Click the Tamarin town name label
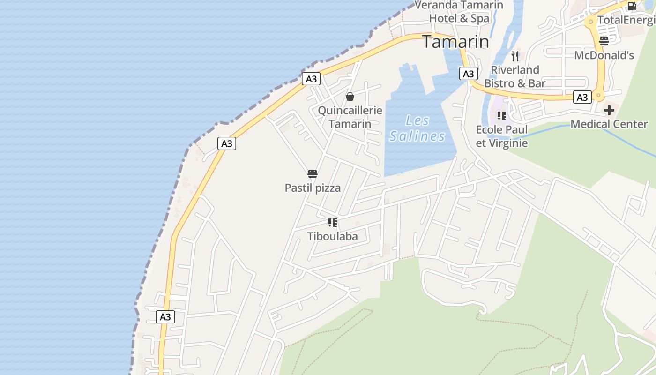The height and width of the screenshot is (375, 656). click(455, 42)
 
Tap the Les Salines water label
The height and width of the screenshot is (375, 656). click(417, 128)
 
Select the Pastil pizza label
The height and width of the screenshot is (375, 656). click(313, 188)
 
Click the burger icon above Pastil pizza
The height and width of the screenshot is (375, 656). click(313, 174)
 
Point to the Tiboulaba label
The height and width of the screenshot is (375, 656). click(332, 236)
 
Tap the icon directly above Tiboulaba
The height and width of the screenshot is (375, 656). click(333, 223)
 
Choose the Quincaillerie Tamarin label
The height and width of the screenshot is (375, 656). click(350, 117)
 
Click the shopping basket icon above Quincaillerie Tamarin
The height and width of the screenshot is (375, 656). click(350, 97)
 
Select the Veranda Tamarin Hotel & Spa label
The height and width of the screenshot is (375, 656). click(459, 12)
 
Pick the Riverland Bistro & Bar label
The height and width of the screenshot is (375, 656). click(515, 77)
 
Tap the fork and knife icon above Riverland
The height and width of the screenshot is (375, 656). click(515, 56)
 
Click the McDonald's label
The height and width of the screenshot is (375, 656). click(604, 55)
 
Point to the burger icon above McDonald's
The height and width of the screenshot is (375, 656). click(604, 41)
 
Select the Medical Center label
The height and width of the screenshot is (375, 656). click(609, 124)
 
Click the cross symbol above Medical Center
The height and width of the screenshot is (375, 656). click(609, 111)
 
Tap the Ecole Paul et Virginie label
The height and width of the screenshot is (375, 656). click(502, 136)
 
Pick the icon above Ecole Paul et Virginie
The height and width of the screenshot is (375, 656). click(502, 116)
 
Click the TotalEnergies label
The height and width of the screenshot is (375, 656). click(626, 20)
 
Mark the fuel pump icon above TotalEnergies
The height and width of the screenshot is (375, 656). click(632, 6)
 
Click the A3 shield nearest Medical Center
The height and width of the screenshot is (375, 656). click(582, 97)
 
